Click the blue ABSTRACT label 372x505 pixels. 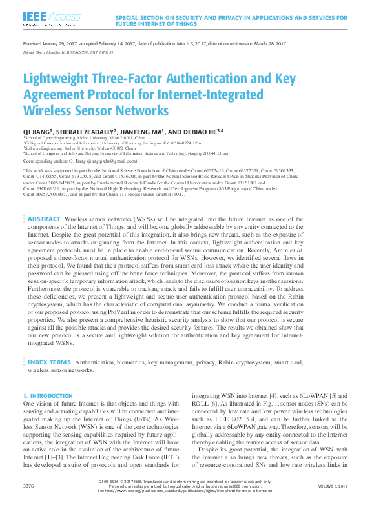click(44, 201)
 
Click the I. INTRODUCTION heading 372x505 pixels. click(47, 395)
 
